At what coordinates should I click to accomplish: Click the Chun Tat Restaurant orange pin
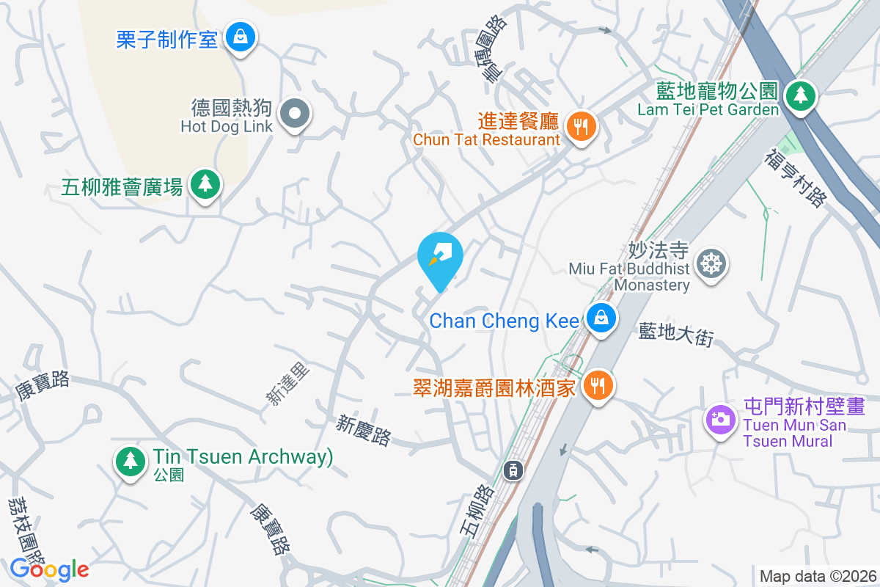click(582, 127)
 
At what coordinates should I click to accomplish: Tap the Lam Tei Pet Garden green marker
click(800, 95)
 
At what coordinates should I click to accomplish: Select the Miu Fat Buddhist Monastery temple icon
click(710, 263)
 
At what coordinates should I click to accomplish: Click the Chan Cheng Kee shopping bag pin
click(601, 318)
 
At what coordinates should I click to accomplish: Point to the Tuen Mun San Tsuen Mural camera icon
click(720, 419)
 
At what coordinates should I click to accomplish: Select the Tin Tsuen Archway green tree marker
click(130, 460)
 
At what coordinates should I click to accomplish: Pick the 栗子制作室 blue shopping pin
click(239, 35)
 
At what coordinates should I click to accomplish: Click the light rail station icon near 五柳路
click(514, 470)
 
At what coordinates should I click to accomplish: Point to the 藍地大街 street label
click(675, 335)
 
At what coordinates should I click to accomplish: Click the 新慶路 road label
click(364, 431)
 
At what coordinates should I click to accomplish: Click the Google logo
click(50, 569)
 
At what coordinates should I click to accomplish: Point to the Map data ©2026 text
click(817, 576)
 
